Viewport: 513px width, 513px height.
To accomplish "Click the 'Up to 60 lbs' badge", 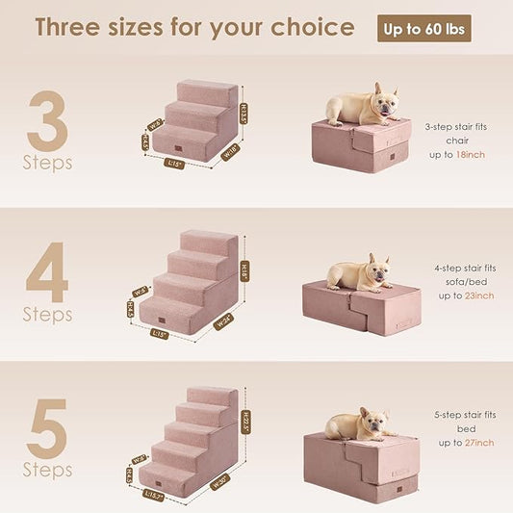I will pyautogui.click(x=423, y=28).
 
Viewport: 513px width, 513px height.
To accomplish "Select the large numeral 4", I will pyautogui.click(x=46, y=272).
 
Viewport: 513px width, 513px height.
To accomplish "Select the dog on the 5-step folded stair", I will pyautogui.click(x=360, y=423).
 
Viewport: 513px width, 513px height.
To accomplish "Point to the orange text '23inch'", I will pyautogui.click(x=477, y=295).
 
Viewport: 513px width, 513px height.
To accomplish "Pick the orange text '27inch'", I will pyautogui.click(x=477, y=443).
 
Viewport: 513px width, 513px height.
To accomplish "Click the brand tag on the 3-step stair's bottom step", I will pyautogui.click(x=176, y=150).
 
